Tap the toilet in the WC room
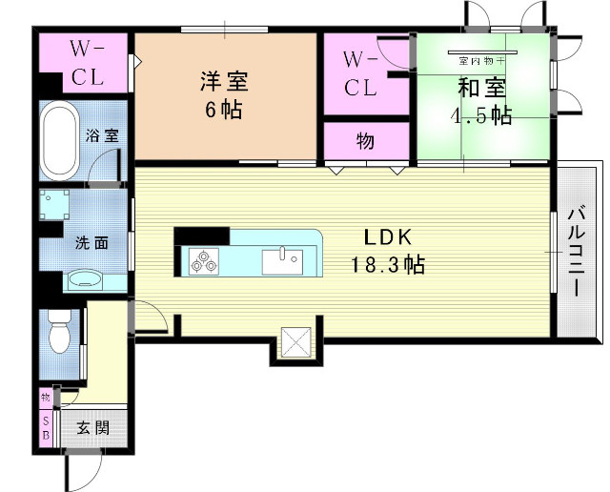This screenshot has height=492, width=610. coord(59,334)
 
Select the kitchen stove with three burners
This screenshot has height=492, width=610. coord(204,259)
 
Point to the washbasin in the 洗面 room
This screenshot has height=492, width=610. coord(87,280)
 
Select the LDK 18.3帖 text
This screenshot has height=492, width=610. coord(392,251)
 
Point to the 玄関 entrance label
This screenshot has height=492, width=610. coord(93,427)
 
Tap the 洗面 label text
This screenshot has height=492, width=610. coord(92,242)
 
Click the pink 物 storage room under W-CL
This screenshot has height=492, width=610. coord(365,141)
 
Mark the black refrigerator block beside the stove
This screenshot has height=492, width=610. coord(201,236)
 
